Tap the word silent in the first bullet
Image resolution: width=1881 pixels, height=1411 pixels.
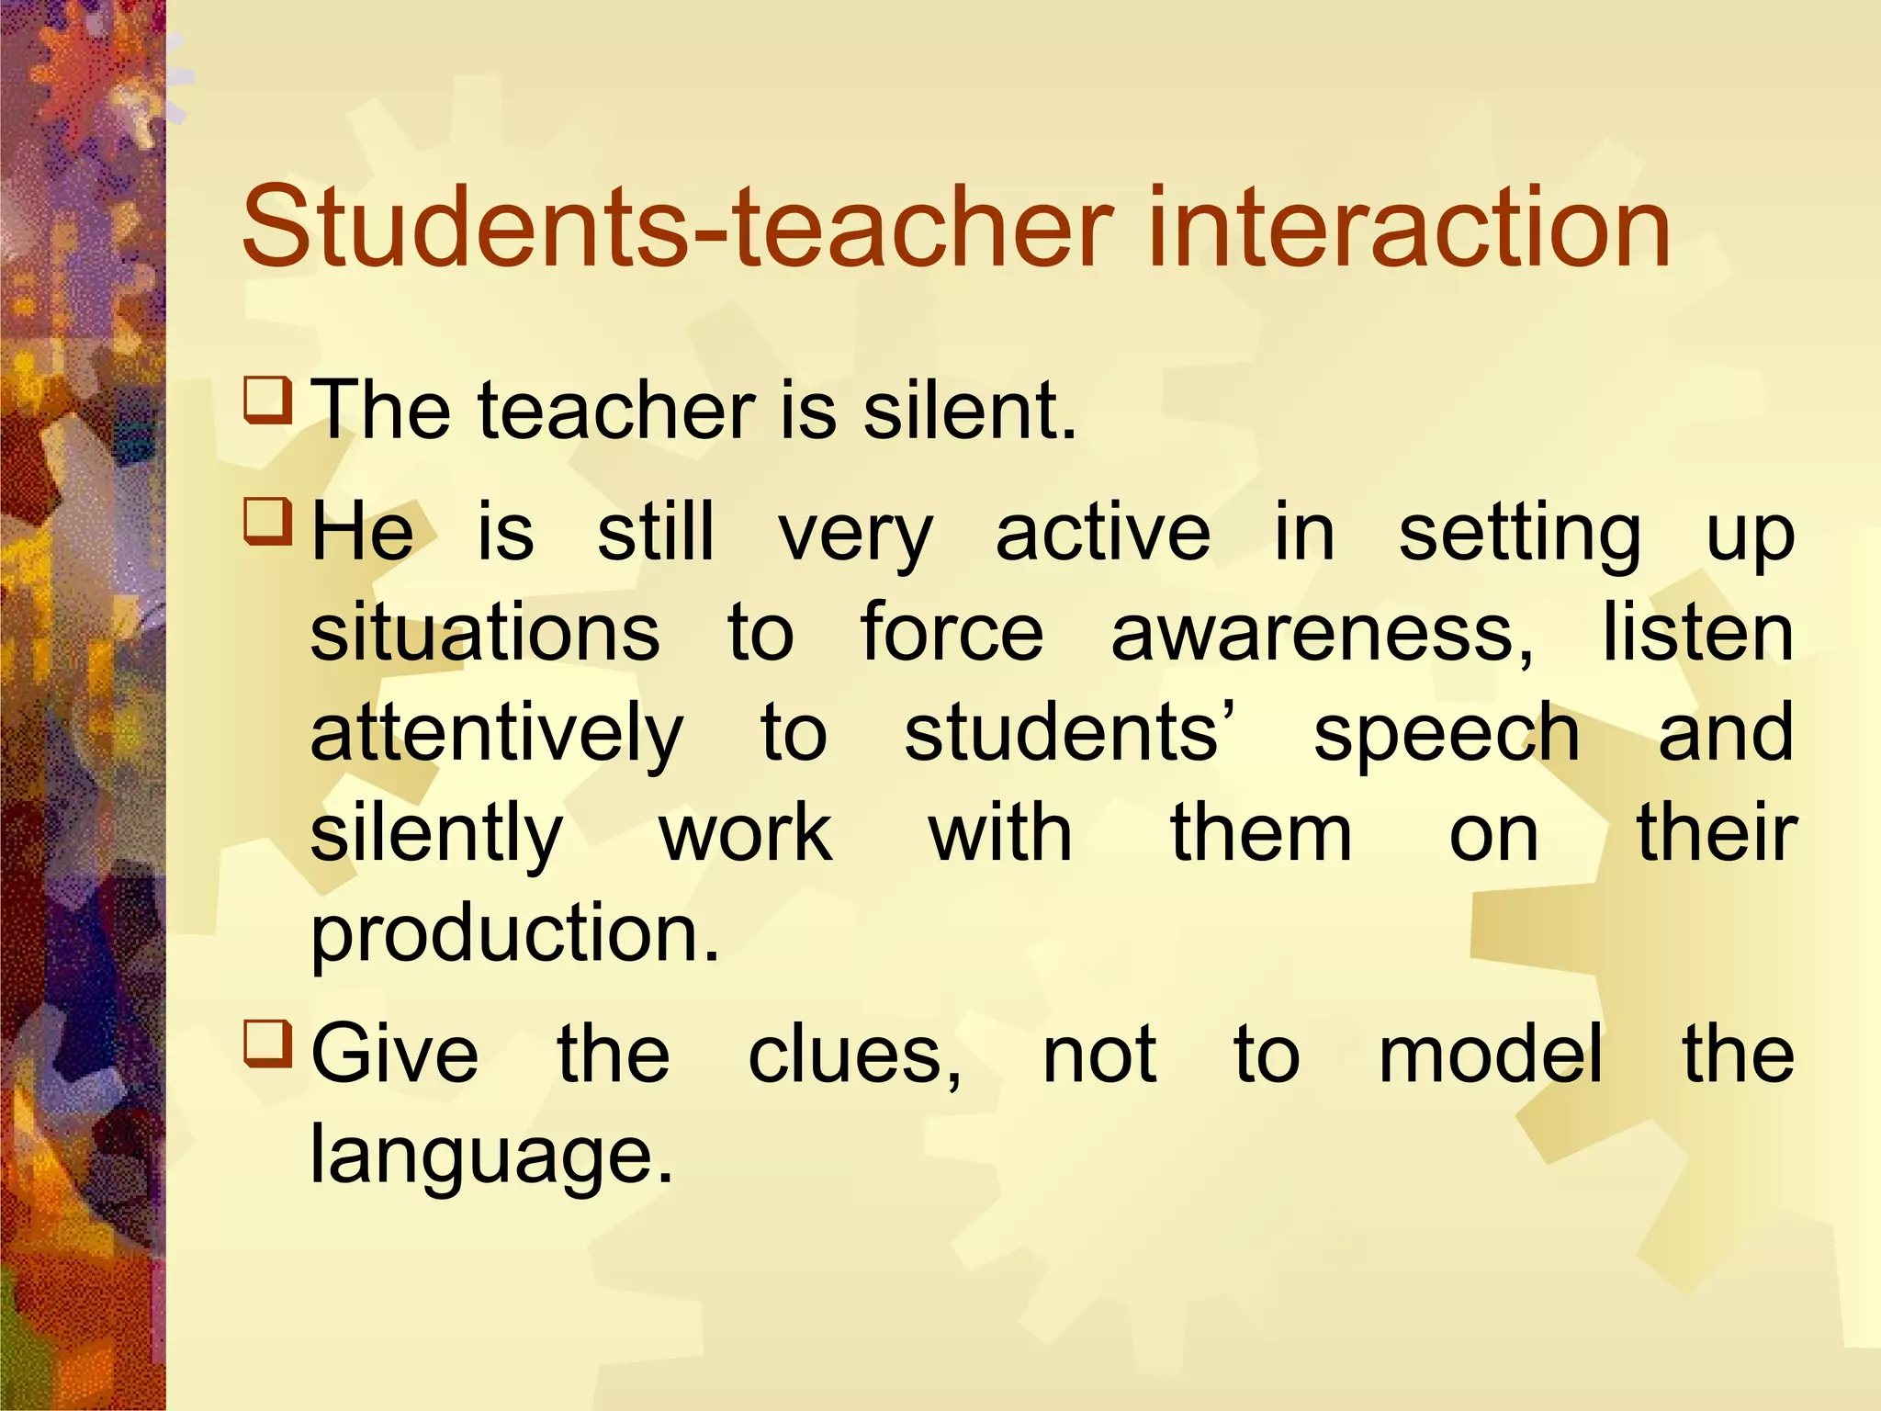pos(968,410)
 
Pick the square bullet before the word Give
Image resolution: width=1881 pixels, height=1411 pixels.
pos(268,1044)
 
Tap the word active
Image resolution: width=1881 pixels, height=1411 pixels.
pos(1103,533)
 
